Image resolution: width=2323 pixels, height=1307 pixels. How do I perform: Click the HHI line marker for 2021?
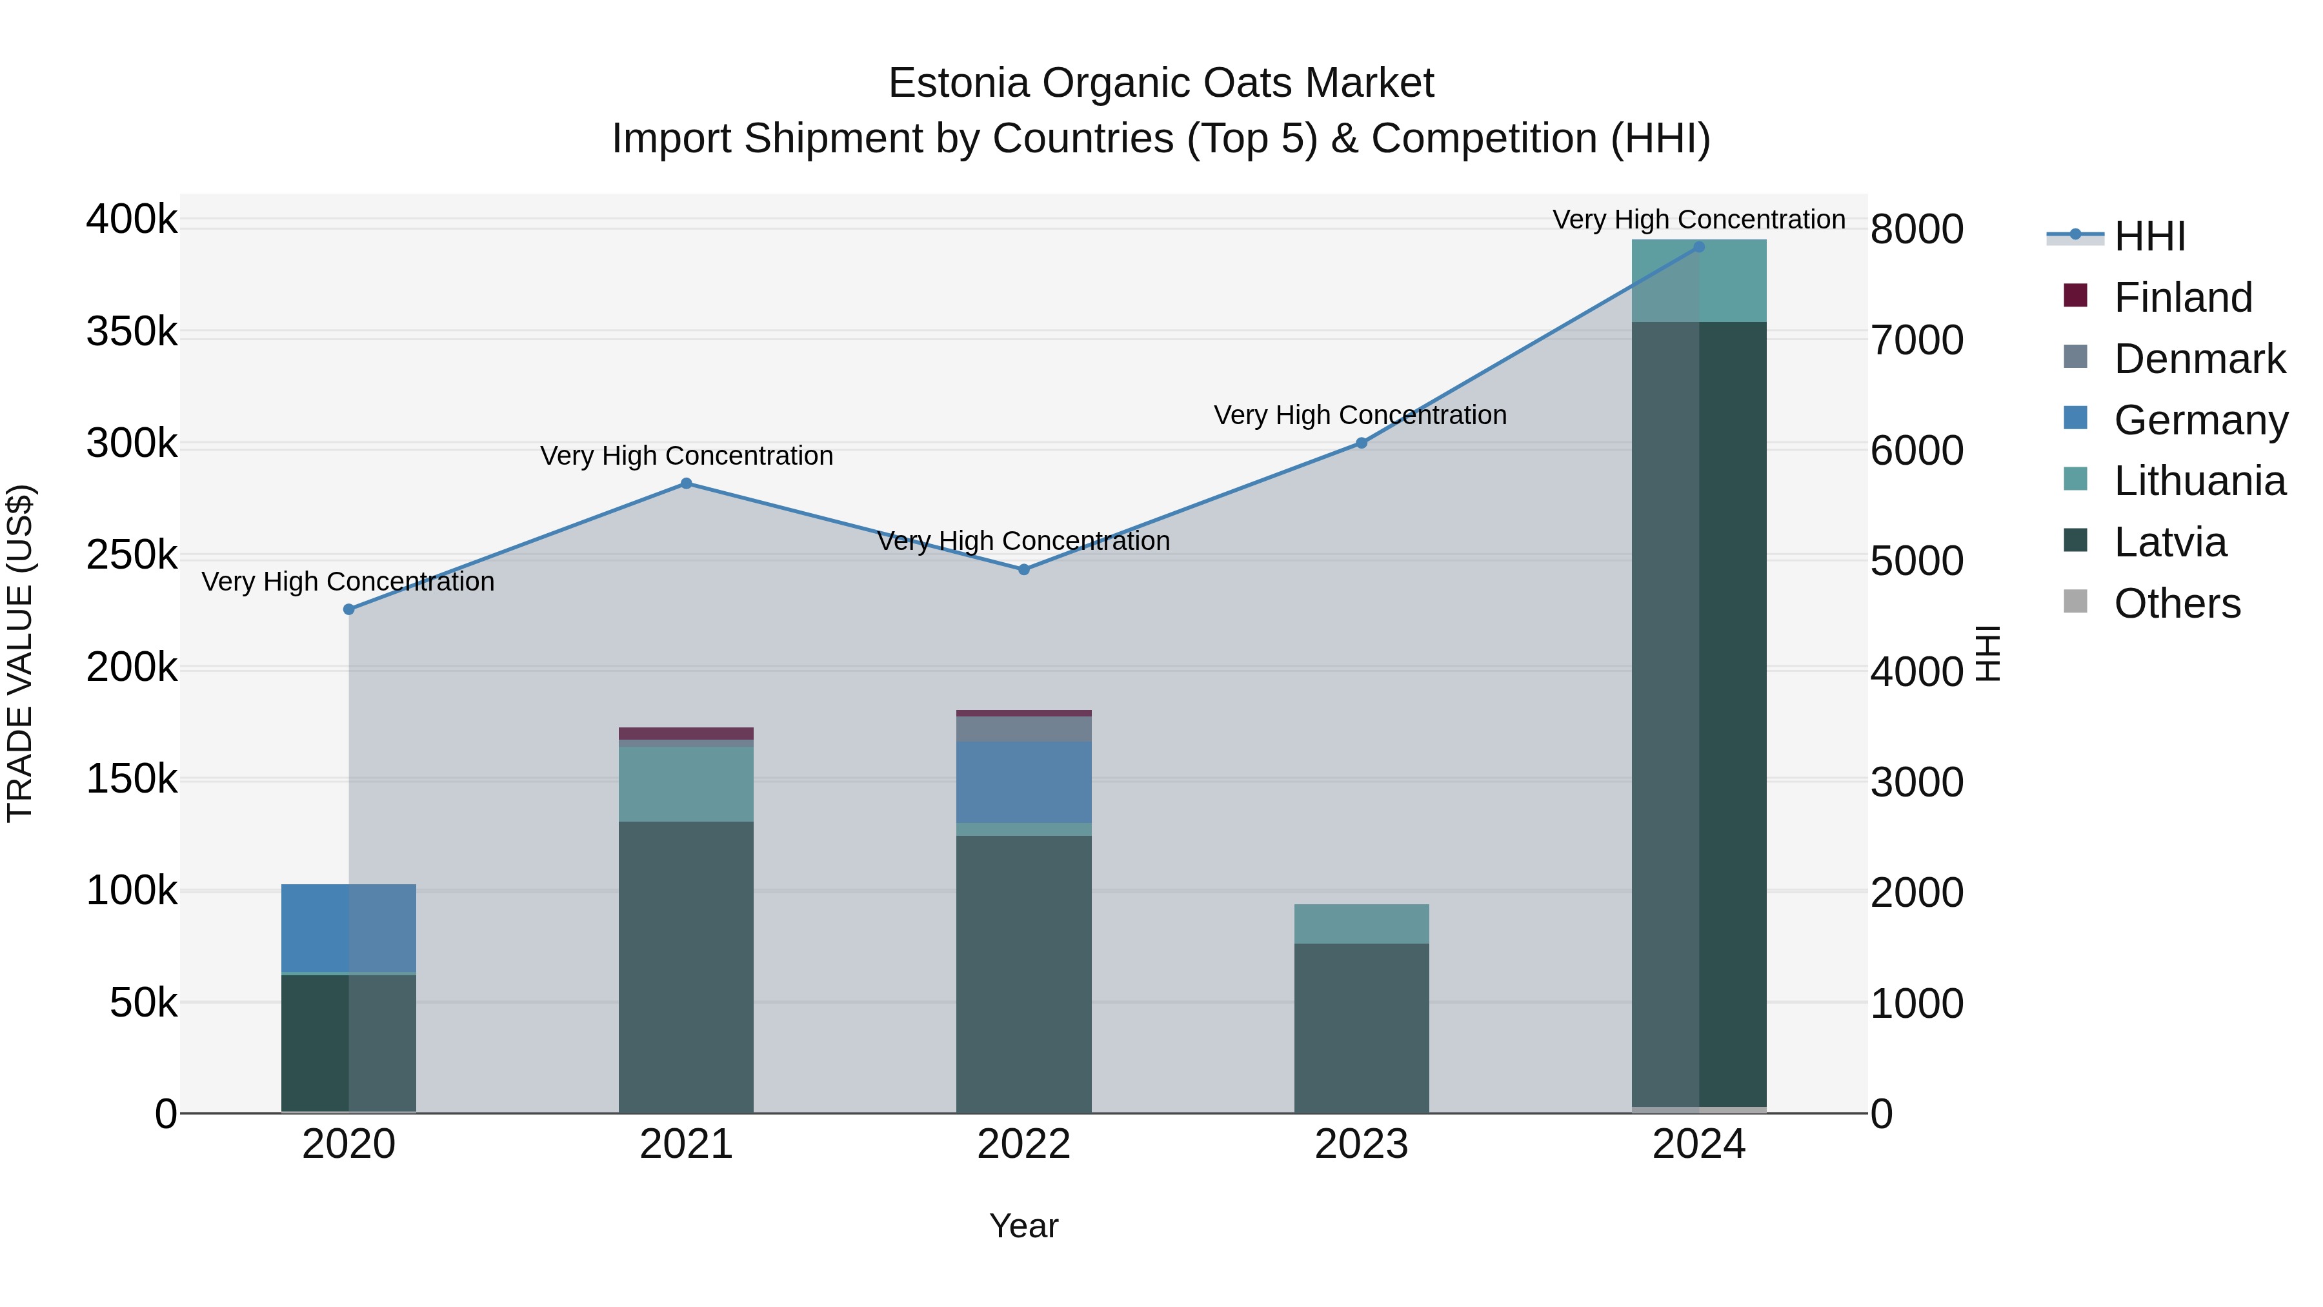pos(687,483)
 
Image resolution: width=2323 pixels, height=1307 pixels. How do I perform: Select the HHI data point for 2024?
pos(1699,247)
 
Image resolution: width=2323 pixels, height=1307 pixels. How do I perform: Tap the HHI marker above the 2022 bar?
pos(1023,570)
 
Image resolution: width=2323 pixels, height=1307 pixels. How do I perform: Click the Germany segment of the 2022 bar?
pos(1023,782)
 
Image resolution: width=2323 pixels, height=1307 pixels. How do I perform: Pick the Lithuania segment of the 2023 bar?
pos(1361,924)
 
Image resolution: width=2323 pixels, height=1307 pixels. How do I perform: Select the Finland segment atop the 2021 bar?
pos(687,733)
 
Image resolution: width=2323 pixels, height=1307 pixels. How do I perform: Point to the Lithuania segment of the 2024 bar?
pos(1699,281)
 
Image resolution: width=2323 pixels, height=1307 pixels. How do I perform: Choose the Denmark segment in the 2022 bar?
pos(1023,729)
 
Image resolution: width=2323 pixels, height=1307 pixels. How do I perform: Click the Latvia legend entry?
pos(2169,542)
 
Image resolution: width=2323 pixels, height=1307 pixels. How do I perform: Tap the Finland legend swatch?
pos(2075,296)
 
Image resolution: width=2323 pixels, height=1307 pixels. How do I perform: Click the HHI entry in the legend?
pos(2149,236)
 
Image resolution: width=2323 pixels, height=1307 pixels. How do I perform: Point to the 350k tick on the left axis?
pos(132,332)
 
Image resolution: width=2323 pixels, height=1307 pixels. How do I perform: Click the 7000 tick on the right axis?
pos(1917,341)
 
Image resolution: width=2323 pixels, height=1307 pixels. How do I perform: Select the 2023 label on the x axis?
pos(1361,1144)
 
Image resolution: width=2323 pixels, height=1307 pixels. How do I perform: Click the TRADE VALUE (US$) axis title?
pos(21,653)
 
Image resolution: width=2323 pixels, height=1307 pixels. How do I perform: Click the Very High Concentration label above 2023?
pos(1360,415)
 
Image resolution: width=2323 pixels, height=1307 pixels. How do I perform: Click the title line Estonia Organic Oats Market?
pos(1161,83)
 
